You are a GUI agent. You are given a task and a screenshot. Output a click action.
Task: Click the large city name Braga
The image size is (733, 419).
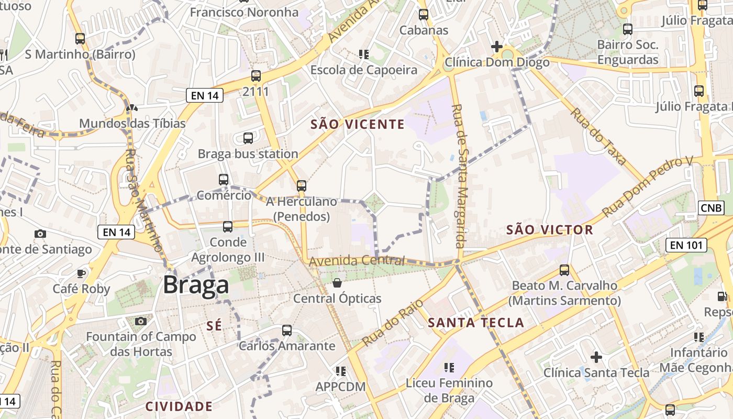(196, 285)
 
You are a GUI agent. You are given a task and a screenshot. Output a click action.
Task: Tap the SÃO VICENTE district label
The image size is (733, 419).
(358, 124)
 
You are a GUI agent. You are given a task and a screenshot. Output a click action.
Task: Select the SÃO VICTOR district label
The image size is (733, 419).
(550, 229)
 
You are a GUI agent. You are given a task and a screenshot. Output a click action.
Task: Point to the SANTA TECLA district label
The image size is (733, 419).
(476, 323)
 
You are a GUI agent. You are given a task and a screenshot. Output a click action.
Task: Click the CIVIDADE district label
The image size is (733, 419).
(179, 406)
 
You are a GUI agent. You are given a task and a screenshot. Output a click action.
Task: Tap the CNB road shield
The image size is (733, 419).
(711, 208)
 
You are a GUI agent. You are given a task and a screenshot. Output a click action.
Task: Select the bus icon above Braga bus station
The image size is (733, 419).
(248, 138)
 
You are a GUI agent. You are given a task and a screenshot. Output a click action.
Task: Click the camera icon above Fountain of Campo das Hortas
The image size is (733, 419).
(140, 321)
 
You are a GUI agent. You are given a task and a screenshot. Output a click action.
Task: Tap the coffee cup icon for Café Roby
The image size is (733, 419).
(81, 273)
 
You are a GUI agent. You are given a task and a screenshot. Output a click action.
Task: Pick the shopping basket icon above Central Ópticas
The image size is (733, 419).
(337, 283)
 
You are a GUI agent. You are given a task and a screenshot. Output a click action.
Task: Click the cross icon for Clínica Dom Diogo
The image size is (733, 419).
(496, 47)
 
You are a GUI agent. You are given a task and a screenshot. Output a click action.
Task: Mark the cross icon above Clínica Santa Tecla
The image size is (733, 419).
(596, 357)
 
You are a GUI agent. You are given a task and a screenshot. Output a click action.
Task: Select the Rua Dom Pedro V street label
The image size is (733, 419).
(647, 186)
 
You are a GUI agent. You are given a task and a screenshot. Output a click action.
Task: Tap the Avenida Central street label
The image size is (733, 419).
(357, 260)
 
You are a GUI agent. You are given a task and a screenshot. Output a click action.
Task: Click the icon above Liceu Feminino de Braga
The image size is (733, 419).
(449, 368)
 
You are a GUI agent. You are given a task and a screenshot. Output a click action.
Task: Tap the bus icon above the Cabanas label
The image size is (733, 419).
(423, 15)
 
